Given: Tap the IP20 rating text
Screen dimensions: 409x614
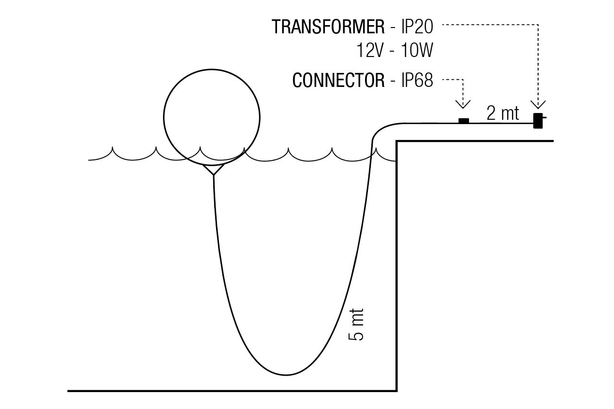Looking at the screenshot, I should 417,27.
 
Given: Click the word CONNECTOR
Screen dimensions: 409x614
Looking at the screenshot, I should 338,81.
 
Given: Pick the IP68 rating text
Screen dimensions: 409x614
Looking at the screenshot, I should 417,81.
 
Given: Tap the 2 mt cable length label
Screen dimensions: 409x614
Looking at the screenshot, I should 503,113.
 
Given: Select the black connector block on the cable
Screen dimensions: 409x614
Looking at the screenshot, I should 463,121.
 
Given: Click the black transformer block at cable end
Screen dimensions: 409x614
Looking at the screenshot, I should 537,120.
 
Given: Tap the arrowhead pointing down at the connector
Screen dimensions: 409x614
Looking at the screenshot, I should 463,104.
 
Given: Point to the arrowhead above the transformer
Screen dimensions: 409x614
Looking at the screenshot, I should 538,104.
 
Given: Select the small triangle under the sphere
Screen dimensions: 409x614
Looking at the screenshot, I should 213,169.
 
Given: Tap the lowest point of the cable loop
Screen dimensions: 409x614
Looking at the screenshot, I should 287,374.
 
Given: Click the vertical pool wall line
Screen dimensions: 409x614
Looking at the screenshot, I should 397,266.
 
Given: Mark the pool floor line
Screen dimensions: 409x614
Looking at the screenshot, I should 232,390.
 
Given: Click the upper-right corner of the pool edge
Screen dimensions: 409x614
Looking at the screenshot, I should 397,141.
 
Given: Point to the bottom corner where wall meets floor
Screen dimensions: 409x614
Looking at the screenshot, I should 397,390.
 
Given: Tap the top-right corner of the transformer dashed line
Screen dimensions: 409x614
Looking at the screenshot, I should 538,24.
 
